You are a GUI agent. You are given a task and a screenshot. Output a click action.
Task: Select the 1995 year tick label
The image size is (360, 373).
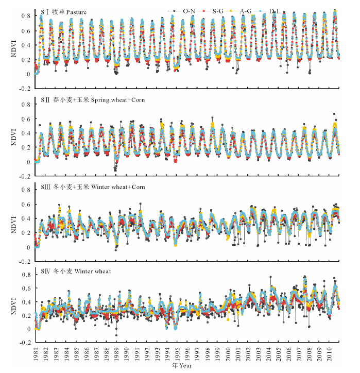(177, 353)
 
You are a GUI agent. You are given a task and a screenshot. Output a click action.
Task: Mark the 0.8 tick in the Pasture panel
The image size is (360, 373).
(26, 16)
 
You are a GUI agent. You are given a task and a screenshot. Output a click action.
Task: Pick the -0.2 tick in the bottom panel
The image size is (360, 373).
(25, 342)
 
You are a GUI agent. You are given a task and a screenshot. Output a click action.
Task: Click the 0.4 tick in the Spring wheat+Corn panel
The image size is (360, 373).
(26, 133)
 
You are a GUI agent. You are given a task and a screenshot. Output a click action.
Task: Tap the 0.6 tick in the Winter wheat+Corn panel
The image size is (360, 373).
(26, 205)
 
